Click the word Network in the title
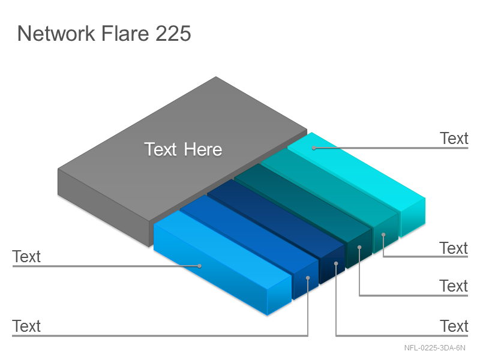coord(56,33)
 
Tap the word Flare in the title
coord(125,33)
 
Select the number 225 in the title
coord(173,33)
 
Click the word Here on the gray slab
coord(203,149)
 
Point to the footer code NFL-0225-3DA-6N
coord(434,348)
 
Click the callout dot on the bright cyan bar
coord(314,148)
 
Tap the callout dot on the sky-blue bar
coord(200,266)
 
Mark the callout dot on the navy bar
coord(336,263)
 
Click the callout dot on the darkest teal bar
coord(359,247)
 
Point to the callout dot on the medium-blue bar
coord(308,278)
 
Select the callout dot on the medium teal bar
coord(383,235)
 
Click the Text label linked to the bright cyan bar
coord(454,139)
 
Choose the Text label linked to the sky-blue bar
coord(26,257)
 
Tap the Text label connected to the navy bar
coord(454,326)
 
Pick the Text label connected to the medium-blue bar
coord(26,326)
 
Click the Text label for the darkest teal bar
coord(454,286)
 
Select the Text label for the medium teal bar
coord(454,248)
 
